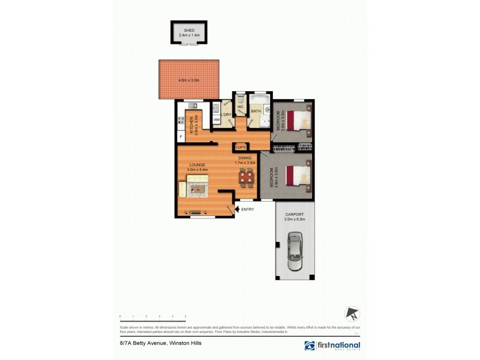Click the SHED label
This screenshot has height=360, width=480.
(x=189, y=31)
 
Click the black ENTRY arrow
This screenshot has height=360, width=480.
(x=236, y=209)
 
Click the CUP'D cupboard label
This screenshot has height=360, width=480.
(x=241, y=146)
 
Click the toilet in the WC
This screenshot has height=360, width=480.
(x=240, y=101)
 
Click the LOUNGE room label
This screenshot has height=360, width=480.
(x=197, y=165)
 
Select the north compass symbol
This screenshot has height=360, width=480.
(x=352, y=313)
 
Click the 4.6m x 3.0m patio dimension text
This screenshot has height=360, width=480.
(x=188, y=80)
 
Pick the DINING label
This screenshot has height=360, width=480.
(x=244, y=158)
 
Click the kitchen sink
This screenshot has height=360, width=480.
(x=214, y=109)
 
